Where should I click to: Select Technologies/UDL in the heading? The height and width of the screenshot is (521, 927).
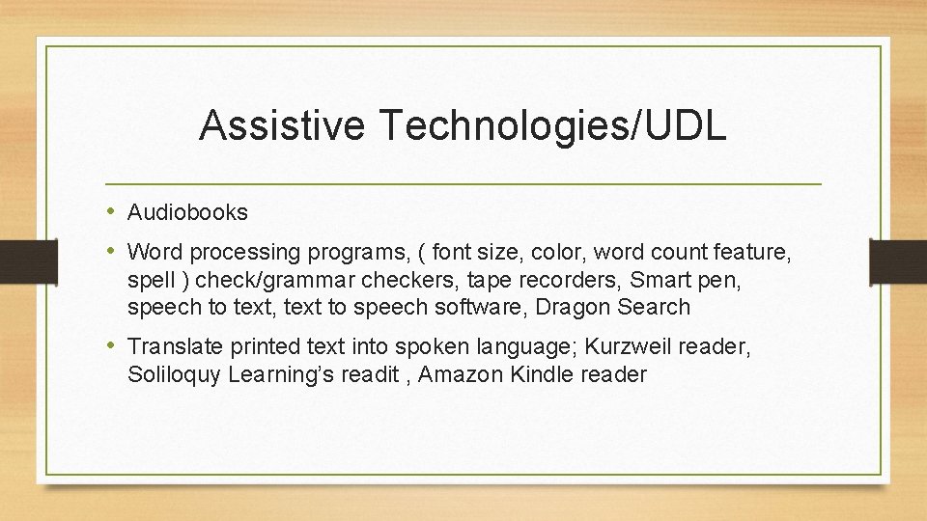(553, 126)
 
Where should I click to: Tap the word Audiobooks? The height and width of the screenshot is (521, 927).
(187, 212)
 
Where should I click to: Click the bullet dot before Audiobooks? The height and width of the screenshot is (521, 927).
(112, 211)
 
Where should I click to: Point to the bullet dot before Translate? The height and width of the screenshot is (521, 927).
(112, 344)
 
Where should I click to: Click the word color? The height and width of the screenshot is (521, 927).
(560, 253)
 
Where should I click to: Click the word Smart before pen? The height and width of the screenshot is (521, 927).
(662, 281)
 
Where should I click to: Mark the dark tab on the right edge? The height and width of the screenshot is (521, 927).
(899, 260)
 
